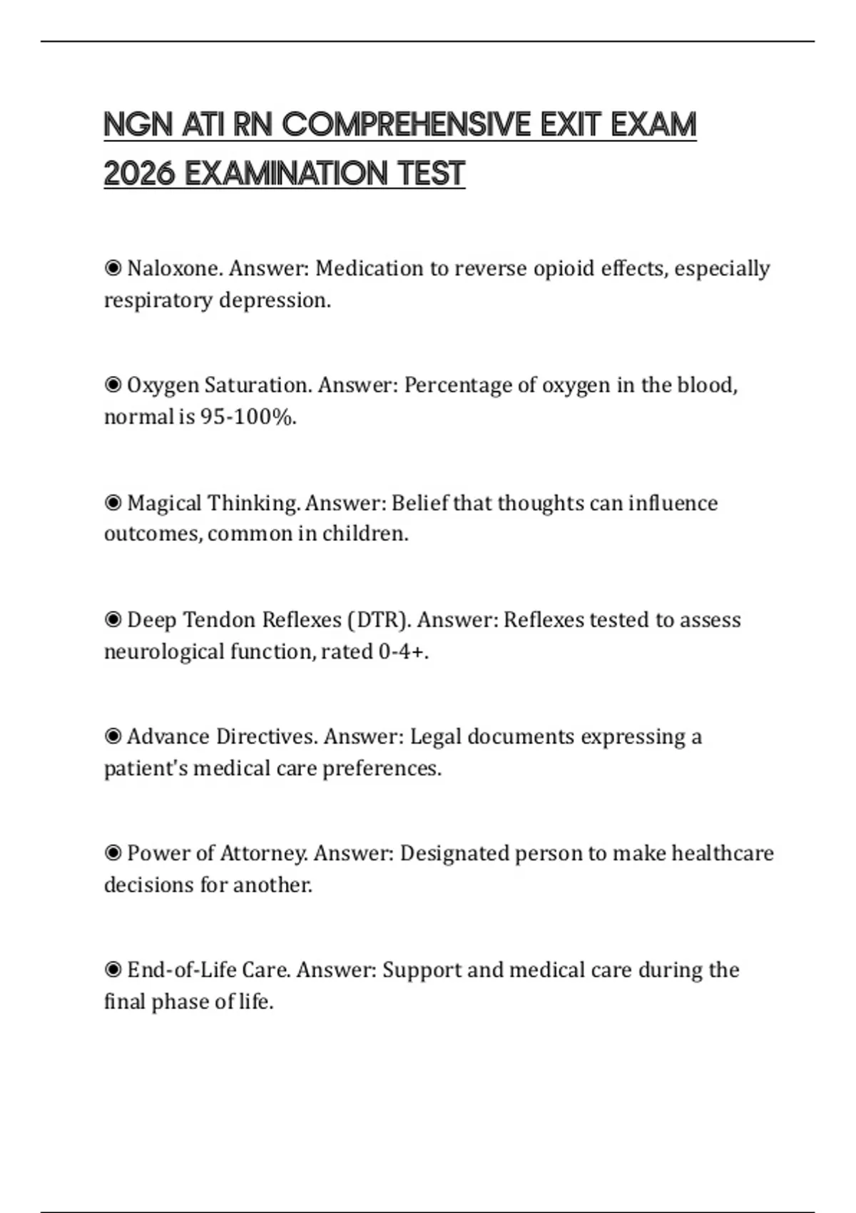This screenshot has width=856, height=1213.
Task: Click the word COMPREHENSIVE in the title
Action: click(406, 125)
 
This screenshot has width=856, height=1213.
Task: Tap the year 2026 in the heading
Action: click(139, 173)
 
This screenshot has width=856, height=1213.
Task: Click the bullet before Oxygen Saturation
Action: click(113, 385)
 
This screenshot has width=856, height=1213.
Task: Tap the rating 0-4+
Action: click(402, 651)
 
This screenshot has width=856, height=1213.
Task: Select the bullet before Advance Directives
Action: click(113, 736)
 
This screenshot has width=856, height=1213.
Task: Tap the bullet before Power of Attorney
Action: click(113, 853)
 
